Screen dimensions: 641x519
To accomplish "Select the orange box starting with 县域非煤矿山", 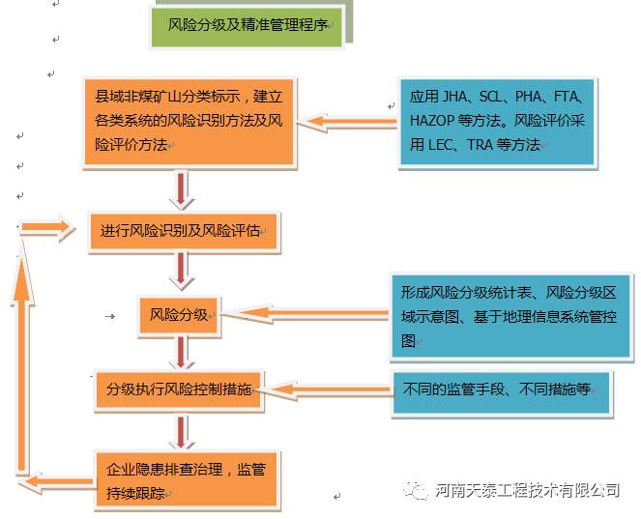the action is (x=189, y=122).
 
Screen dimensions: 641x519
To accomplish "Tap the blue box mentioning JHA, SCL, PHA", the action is (x=497, y=122).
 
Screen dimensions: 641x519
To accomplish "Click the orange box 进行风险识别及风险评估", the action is (x=184, y=231).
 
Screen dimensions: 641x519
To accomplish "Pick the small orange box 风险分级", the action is (x=179, y=315).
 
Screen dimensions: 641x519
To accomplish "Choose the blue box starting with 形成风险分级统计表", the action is (x=510, y=316).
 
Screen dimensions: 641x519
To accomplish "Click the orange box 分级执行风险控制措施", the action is (x=178, y=389).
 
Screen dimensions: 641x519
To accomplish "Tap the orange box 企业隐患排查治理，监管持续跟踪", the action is (x=187, y=479).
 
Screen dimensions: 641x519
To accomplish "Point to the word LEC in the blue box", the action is (x=441, y=145).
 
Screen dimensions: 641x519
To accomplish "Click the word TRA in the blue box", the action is (x=480, y=145).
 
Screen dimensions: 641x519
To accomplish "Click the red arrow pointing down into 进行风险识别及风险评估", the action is (x=182, y=190).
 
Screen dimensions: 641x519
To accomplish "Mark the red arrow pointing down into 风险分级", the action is (x=182, y=271).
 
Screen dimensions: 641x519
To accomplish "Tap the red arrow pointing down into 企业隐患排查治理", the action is (x=182, y=432).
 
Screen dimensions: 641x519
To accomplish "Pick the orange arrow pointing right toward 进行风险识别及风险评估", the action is (x=46, y=228).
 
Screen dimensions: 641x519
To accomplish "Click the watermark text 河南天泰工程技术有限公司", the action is (x=527, y=490).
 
